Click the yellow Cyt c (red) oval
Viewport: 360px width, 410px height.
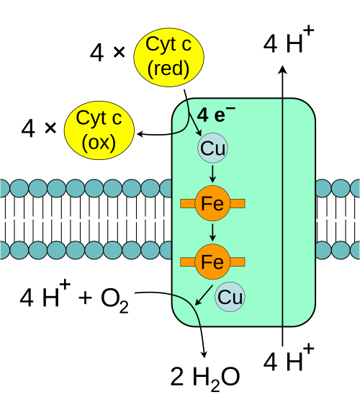[168, 57]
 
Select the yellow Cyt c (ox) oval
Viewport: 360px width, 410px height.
[99, 130]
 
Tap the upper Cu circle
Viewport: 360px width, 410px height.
[212, 148]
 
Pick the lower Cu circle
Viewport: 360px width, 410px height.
[230, 297]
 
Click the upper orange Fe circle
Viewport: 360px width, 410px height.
[212, 203]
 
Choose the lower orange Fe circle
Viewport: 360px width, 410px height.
[212, 262]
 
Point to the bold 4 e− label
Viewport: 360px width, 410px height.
[216, 115]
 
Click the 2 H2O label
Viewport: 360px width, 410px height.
[205, 378]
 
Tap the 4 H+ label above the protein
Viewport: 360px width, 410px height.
[289, 41]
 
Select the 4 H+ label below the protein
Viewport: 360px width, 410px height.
[289, 359]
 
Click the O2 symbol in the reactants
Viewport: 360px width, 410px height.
[114, 300]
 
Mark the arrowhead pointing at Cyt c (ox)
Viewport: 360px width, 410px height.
[140, 134]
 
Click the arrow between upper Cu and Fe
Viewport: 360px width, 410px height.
[212, 174]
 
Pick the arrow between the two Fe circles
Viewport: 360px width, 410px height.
[212, 233]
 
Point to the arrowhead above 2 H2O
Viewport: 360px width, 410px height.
[204, 354]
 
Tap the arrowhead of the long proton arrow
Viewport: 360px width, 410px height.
[282, 70]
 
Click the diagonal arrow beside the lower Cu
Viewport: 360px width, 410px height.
[204, 295]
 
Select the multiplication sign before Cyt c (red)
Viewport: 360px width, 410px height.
[119, 52]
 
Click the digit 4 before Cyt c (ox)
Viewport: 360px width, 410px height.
[28, 128]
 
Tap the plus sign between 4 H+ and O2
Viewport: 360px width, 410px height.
[85, 298]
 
